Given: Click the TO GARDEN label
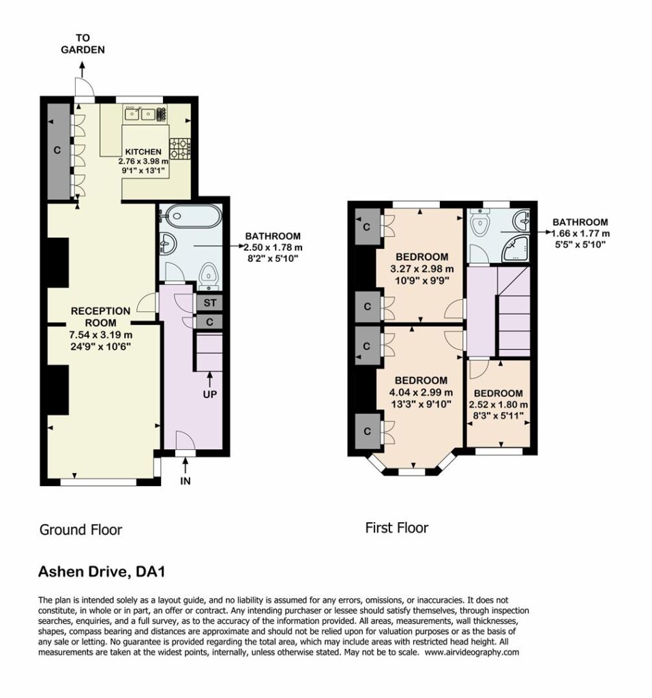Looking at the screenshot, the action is [83, 44].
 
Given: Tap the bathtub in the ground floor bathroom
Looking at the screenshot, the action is [190, 216].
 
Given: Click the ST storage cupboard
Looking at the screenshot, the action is [209, 303].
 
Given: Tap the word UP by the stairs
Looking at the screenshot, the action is [210, 395].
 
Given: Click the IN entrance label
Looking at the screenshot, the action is [186, 481].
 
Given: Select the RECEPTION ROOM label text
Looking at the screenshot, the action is [101, 317].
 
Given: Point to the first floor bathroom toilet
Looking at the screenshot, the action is [480, 224].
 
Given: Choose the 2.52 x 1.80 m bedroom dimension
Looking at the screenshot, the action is [499, 405].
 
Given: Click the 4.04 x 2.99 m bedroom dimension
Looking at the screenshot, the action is [421, 392].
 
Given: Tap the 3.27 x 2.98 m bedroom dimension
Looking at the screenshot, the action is [421, 269].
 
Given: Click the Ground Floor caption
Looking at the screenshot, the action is [80, 530].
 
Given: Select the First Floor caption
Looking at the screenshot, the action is [397, 528].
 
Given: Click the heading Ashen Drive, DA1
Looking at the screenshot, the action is [102, 572].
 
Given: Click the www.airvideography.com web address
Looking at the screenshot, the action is [472, 652].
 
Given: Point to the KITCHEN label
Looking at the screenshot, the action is [143, 152].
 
